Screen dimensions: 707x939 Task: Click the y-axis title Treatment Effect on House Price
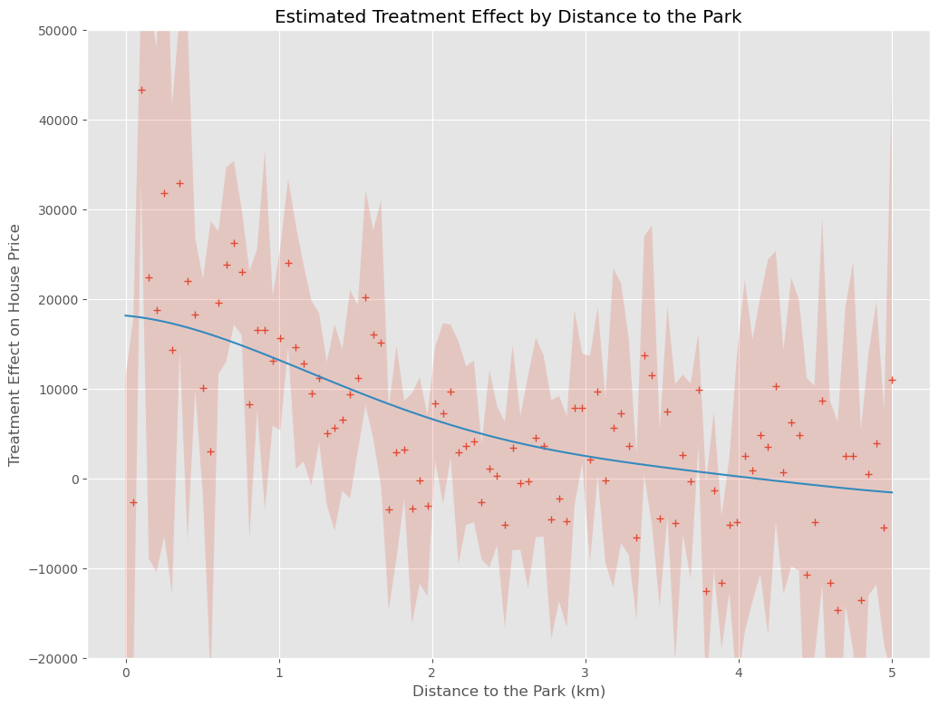[15, 344]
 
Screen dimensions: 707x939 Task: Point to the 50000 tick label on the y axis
[58, 31]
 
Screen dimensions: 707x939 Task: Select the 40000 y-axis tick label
[58, 121]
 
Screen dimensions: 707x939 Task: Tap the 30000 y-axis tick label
[58, 210]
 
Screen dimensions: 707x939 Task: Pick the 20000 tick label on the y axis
[58, 300]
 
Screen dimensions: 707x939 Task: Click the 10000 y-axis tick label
[58, 390]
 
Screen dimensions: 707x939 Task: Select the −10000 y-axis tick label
[54, 569]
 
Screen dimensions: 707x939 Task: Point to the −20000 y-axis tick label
[54, 659]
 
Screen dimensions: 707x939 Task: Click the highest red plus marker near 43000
[141, 90]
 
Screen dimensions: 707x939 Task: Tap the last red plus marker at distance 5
[892, 380]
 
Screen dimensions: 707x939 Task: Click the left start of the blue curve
[126, 315]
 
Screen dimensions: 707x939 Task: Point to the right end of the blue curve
[892, 492]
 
